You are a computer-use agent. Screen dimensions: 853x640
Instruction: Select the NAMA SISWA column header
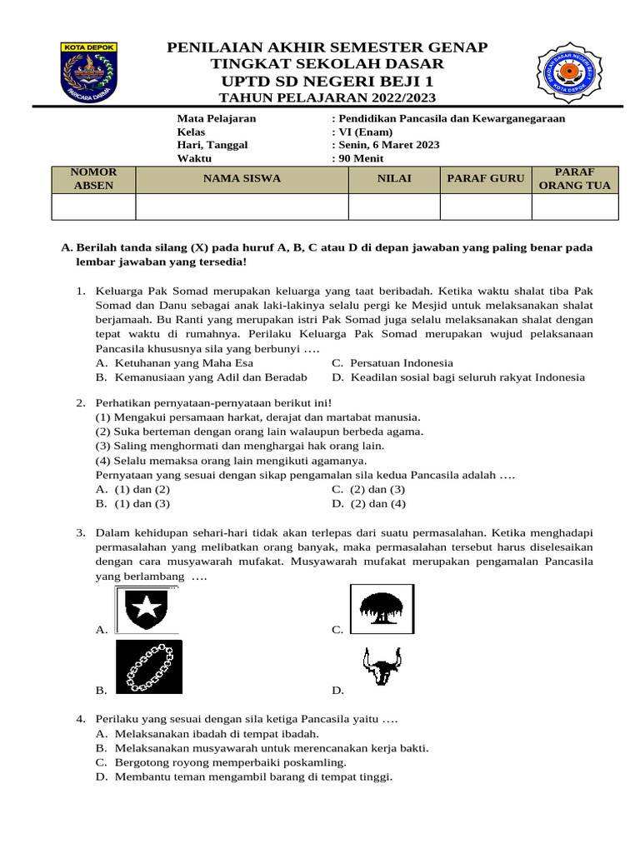point(242,178)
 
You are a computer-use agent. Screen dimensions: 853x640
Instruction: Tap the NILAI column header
point(393,178)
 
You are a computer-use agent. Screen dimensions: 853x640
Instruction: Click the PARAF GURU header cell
point(485,178)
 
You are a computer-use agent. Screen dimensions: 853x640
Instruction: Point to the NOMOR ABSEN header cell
point(93,178)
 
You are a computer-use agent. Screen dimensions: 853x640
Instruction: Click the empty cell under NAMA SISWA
point(242,207)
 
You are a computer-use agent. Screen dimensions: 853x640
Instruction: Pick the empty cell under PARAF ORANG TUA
point(574,207)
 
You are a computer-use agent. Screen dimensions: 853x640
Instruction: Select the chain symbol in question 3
point(148,666)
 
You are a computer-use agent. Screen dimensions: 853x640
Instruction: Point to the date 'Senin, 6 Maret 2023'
point(388,145)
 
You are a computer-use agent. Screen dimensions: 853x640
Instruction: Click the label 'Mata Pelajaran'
point(217,118)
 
